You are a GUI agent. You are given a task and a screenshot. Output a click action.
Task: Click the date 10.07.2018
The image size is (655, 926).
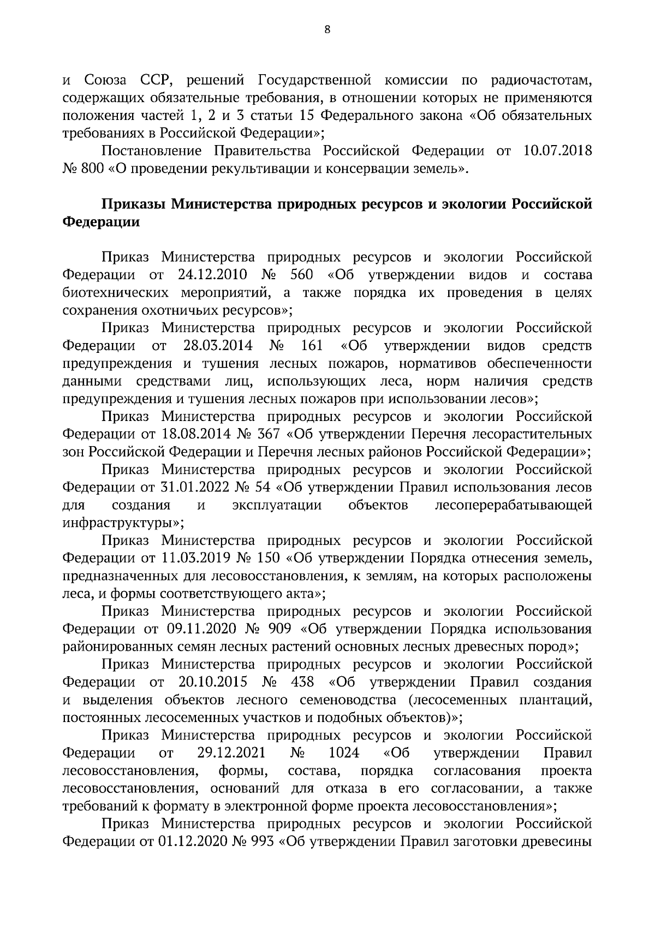pyautogui.click(x=557, y=151)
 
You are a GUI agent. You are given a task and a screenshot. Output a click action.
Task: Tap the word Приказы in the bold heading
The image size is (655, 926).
pyautogui.click(x=133, y=204)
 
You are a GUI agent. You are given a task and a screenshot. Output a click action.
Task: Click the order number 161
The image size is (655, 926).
pyautogui.click(x=312, y=346)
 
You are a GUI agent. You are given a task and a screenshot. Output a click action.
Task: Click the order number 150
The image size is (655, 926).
pyautogui.click(x=267, y=558)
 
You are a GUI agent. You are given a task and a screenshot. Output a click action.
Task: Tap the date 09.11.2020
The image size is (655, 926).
pyautogui.click(x=199, y=629)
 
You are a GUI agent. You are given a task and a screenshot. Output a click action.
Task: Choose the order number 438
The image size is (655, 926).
pyautogui.click(x=303, y=683)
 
